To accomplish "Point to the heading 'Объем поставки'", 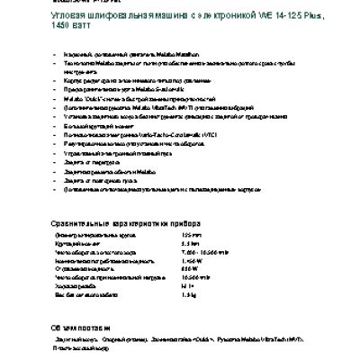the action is tap(79, 327).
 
